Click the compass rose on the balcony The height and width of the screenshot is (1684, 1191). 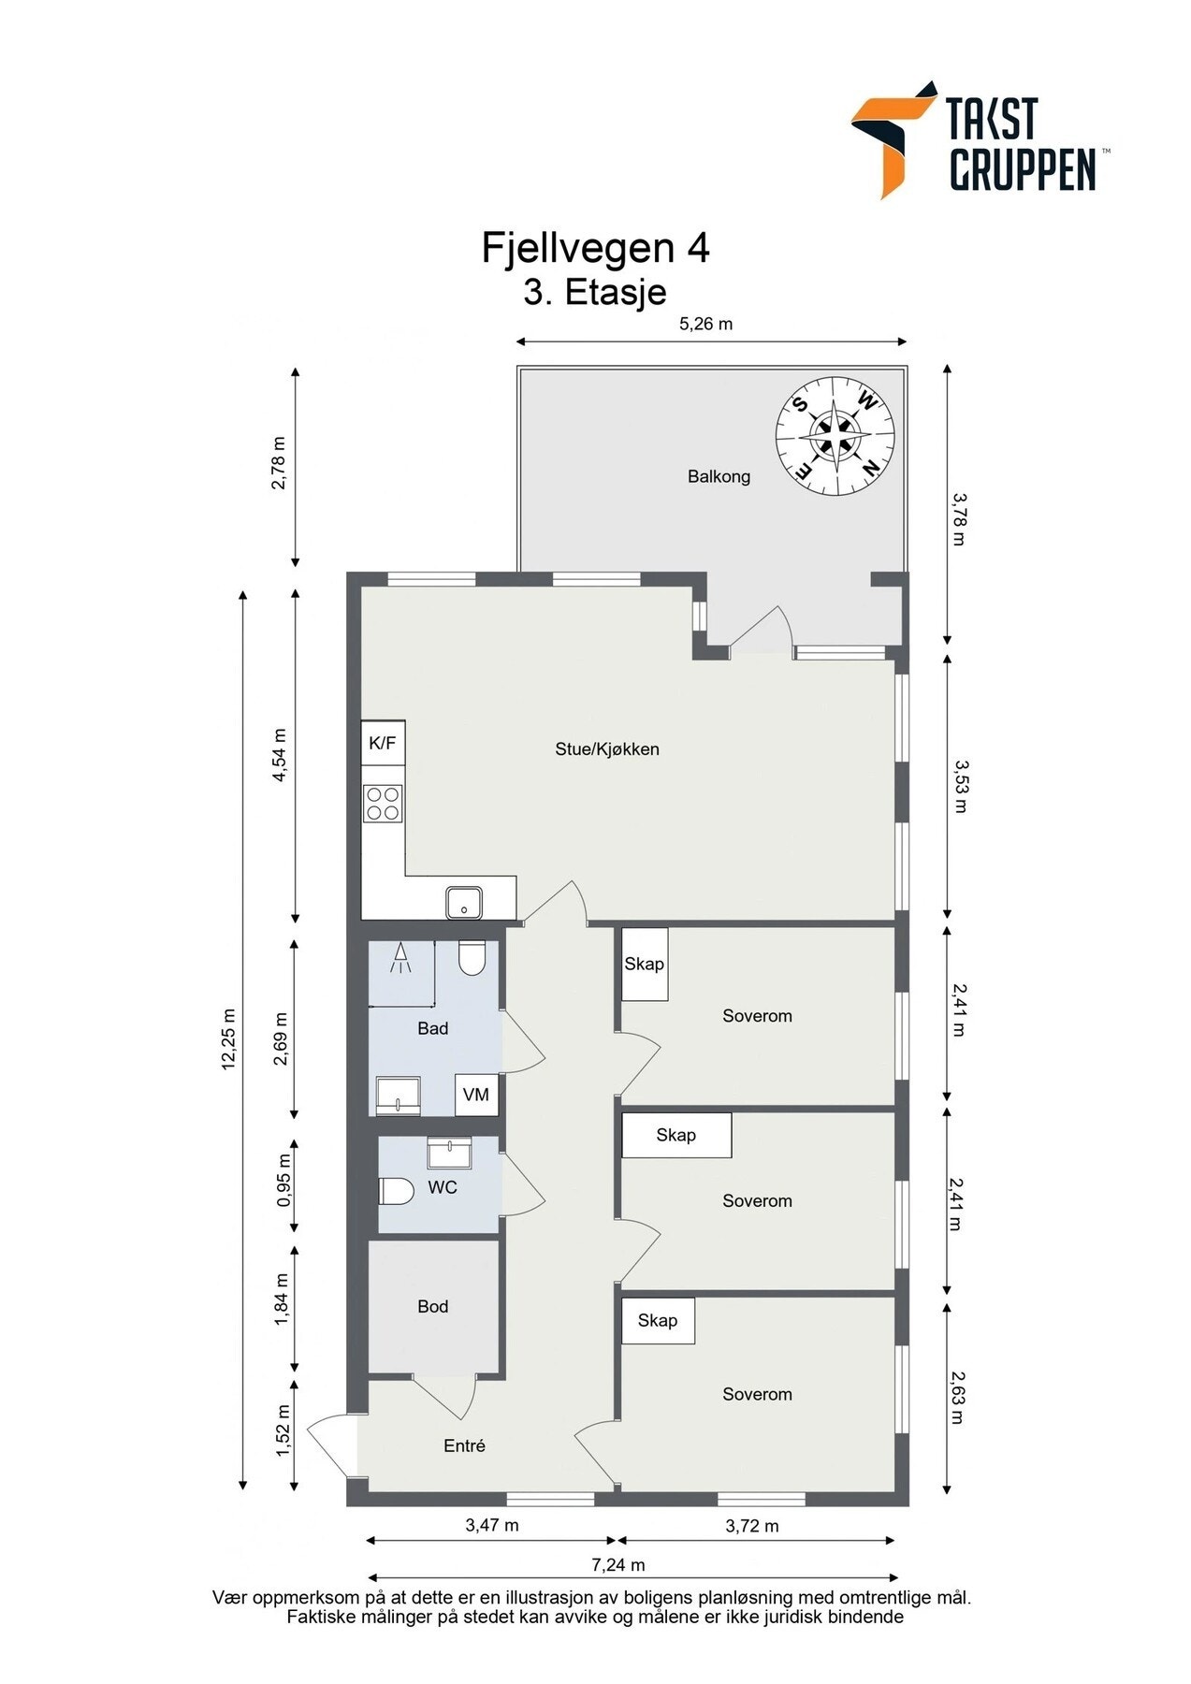click(x=835, y=437)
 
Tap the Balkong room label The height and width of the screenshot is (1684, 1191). click(x=719, y=476)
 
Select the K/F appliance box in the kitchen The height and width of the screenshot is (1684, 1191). click(x=383, y=744)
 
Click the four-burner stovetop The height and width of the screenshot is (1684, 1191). click(x=383, y=803)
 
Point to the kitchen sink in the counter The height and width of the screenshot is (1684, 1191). click(x=464, y=903)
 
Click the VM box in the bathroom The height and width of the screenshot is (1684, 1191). click(x=476, y=1095)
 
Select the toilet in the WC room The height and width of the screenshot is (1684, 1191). click(x=397, y=1191)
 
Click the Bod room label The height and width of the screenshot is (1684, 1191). click(x=432, y=1306)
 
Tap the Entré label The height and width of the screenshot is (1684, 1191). click(x=464, y=1445)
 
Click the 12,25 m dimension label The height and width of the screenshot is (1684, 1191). click(x=229, y=1038)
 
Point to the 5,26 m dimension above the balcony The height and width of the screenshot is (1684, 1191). click(x=705, y=325)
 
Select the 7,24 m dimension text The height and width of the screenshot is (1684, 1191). click(x=617, y=1564)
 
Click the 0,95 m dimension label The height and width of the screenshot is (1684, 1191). click(x=283, y=1185)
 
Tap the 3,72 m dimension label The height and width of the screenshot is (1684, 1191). click(x=751, y=1526)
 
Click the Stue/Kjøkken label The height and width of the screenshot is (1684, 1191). click(x=607, y=748)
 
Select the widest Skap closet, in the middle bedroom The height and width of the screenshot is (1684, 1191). click(x=675, y=1135)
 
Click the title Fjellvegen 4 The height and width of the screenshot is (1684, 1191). click(x=595, y=248)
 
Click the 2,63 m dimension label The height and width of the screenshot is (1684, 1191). click(x=956, y=1396)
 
